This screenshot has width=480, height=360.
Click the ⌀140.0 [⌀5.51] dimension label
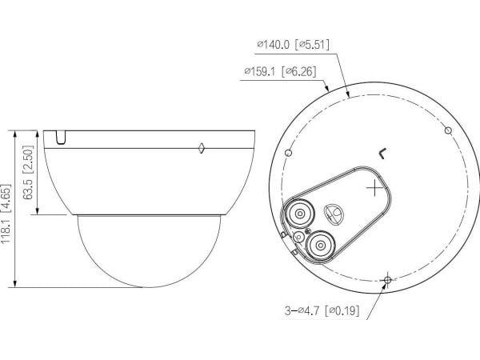click(294, 45)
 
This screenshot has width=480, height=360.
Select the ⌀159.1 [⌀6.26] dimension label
click(280, 71)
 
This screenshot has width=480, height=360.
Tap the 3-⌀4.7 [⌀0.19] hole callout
click(322, 310)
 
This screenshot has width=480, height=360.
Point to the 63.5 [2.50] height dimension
click(28, 172)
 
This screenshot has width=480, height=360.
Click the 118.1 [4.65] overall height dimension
click(6, 214)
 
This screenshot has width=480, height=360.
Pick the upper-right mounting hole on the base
click(448, 130)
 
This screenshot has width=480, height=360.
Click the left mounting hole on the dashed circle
click(288, 153)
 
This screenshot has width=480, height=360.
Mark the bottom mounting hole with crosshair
click(387, 279)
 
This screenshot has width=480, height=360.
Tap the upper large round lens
click(300, 214)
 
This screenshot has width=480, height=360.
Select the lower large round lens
click(321, 246)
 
